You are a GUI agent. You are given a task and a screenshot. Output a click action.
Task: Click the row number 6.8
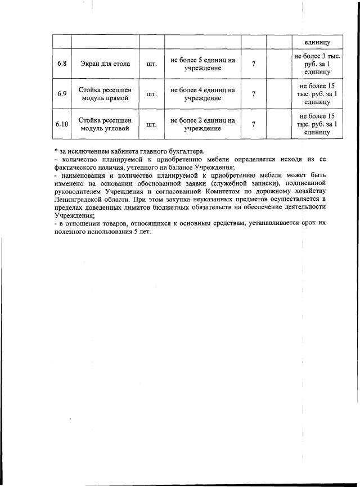(x=62, y=64)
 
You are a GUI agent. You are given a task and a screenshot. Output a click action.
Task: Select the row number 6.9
(x=62, y=94)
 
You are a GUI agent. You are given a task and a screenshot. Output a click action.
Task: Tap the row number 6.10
(x=62, y=124)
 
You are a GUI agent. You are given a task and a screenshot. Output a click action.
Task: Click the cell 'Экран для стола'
(x=105, y=64)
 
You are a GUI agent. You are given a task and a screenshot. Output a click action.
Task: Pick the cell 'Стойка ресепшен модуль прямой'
(x=105, y=94)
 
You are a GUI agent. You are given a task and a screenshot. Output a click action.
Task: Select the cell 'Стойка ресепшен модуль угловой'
(x=105, y=124)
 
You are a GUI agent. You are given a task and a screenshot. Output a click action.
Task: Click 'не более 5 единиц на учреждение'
(x=202, y=64)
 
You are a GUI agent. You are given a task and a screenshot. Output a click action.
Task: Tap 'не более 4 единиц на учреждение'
(x=202, y=94)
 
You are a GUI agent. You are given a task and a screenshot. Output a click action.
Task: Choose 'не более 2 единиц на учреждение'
(x=202, y=124)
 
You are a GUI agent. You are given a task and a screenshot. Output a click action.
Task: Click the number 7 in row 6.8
(x=254, y=64)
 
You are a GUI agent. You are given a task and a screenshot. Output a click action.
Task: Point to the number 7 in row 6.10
(x=254, y=124)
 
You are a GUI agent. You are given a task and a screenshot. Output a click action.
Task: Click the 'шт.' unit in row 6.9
(x=151, y=94)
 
